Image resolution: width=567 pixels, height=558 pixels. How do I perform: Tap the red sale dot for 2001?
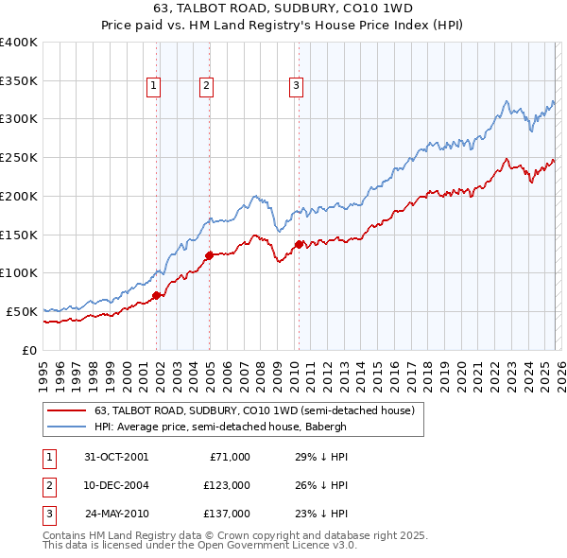click(157, 295)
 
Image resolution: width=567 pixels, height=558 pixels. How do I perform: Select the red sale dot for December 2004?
click(209, 255)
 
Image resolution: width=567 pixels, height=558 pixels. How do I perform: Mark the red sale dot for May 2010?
click(300, 244)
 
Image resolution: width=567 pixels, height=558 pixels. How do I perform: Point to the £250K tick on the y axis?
click(19, 158)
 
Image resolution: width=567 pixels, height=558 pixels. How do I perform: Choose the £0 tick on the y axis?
click(29, 350)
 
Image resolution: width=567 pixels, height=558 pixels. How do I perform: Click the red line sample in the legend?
click(65, 411)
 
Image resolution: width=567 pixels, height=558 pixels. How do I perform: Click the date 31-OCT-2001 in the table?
click(116, 457)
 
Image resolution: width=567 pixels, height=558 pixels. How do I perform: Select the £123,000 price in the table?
click(226, 485)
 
